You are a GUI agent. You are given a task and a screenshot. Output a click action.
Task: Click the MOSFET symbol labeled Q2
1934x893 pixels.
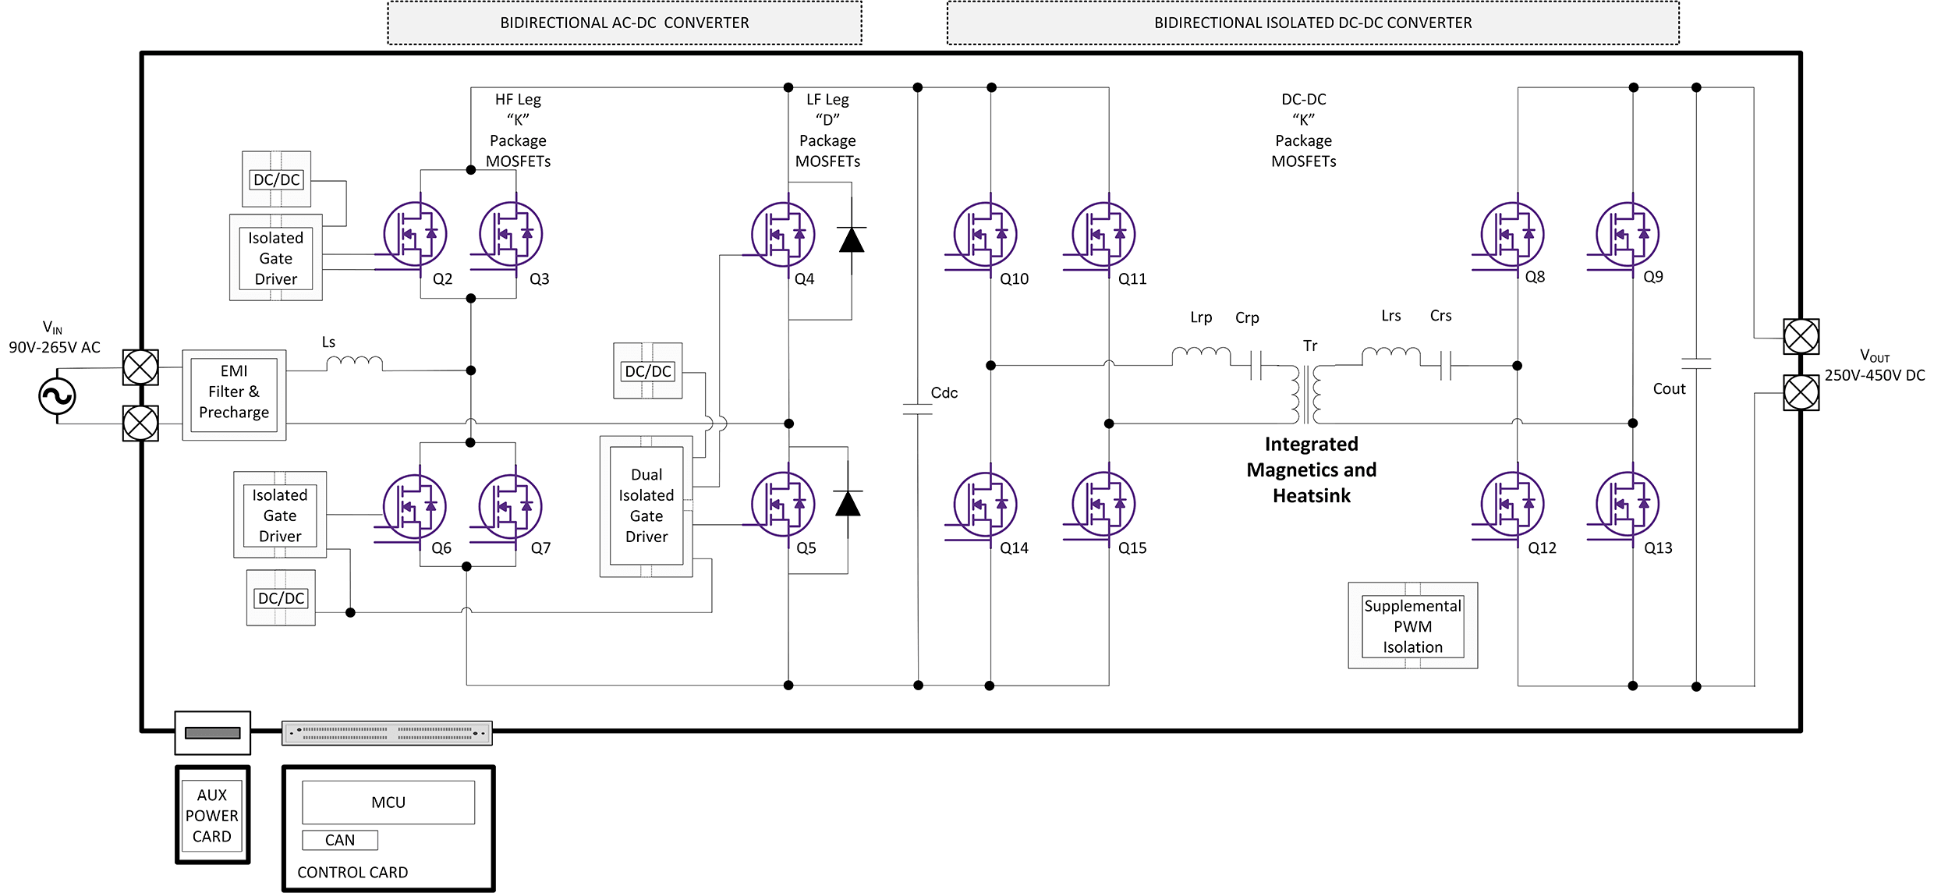414,234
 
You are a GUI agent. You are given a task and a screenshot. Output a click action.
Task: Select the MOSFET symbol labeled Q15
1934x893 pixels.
1103,504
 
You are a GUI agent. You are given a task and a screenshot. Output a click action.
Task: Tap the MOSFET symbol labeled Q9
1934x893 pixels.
1627,234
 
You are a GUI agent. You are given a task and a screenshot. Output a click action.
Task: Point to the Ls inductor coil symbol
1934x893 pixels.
354,363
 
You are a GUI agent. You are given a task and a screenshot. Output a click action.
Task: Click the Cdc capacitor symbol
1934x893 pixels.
918,409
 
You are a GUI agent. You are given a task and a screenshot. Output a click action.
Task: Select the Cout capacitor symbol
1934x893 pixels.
1696,363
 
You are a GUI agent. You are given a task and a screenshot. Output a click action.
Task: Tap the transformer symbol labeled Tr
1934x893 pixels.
1306,393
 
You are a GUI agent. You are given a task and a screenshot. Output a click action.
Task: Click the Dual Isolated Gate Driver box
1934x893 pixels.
646,506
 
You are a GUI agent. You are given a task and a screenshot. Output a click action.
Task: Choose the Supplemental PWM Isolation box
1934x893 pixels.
1412,625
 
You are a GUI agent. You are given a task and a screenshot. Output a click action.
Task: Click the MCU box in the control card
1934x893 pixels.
388,802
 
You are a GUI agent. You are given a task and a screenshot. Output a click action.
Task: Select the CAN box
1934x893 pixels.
340,840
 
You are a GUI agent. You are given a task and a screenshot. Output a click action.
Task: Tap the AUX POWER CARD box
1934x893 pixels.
212,815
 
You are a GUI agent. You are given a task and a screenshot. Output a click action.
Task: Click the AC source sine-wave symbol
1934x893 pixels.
57,396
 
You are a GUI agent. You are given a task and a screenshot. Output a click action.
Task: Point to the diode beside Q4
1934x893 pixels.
852,239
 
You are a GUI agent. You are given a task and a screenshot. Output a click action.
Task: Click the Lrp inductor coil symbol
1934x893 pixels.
1201,356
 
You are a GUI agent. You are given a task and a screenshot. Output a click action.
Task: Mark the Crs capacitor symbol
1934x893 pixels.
1446,364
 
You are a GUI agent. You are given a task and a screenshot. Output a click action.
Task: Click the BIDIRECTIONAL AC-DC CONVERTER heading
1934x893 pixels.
624,23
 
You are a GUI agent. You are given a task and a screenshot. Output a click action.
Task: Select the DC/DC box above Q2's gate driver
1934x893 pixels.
276,179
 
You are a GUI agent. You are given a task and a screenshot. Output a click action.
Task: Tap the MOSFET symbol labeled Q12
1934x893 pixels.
1512,504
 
